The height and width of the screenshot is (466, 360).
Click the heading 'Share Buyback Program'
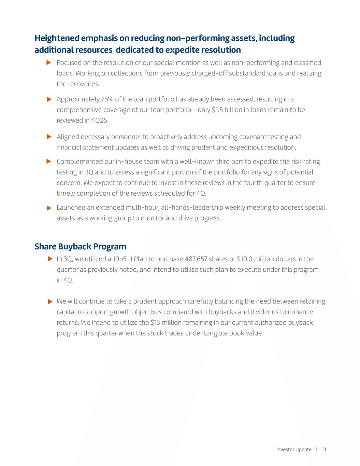tap(80, 246)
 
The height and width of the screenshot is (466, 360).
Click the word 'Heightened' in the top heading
tap(57, 38)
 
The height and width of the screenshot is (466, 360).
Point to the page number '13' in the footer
tap(324, 449)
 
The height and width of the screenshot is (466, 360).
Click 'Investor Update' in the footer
tap(294, 449)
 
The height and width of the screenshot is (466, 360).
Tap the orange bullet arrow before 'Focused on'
tap(49, 62)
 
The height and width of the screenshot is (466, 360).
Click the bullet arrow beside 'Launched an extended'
tap(49, 208)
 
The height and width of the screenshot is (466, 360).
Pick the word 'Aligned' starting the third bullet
tap(68, 137)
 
